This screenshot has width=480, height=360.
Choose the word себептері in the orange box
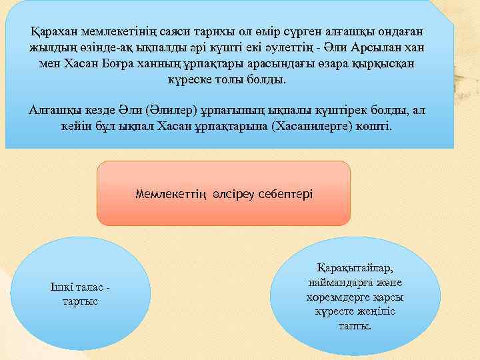(287, 194)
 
